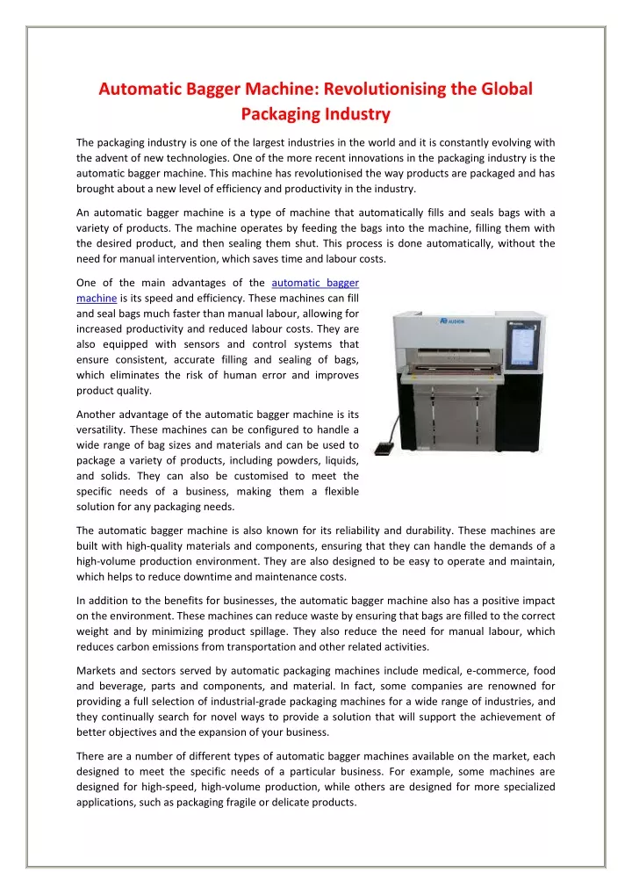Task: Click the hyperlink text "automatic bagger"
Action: coord(315,283)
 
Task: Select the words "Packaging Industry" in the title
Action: coord(316,114)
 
